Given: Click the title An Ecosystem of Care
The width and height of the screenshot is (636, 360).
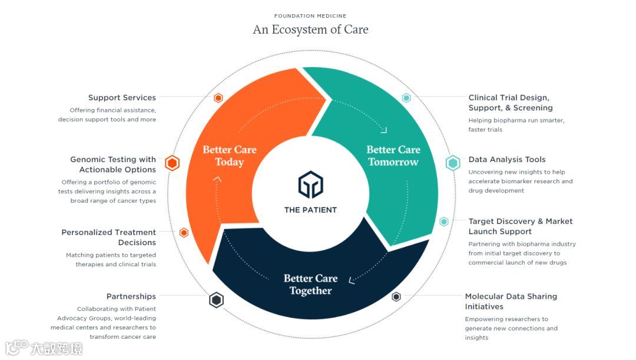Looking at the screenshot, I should tap(310, 29).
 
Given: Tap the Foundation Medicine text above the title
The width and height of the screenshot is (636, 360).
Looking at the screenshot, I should tap(310, 16).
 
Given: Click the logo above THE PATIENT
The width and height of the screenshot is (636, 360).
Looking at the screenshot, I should tap(310, 184).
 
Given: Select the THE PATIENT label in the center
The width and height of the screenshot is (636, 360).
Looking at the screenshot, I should tap(310, 210).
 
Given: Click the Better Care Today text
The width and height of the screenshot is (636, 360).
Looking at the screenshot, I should tap(230, 156).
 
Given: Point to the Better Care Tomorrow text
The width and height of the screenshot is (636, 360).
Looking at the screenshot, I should tap(393, 156).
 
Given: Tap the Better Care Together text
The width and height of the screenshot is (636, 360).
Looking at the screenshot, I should tap(310, 285).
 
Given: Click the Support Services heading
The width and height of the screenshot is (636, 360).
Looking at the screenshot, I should tap(122, 98).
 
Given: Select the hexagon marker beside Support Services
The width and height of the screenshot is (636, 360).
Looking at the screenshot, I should tap(218, 98).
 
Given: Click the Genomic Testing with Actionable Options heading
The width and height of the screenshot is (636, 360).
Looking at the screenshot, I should tap(113, 164).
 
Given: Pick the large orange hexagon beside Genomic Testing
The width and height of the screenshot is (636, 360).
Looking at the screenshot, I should tap(172, 163).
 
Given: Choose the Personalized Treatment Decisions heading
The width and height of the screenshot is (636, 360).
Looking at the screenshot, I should tap(109, 237).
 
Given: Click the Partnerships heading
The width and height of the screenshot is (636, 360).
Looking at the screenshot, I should tap(131, 296).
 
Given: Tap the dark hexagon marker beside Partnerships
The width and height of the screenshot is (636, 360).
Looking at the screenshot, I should tap(217, 300).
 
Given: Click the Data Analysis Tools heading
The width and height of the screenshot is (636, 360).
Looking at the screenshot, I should tap(507, 160).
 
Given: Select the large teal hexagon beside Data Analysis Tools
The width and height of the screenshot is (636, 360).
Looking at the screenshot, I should tap(453, 163).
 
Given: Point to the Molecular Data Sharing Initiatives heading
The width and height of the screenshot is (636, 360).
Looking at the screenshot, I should tap(511, 302).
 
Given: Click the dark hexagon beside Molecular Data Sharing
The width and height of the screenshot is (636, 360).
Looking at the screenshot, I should tap(396, 297).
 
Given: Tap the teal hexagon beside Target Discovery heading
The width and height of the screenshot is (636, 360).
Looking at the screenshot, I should tap(444, 222).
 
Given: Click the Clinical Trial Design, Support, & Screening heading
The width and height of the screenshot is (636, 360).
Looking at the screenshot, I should tap(511, 103).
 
